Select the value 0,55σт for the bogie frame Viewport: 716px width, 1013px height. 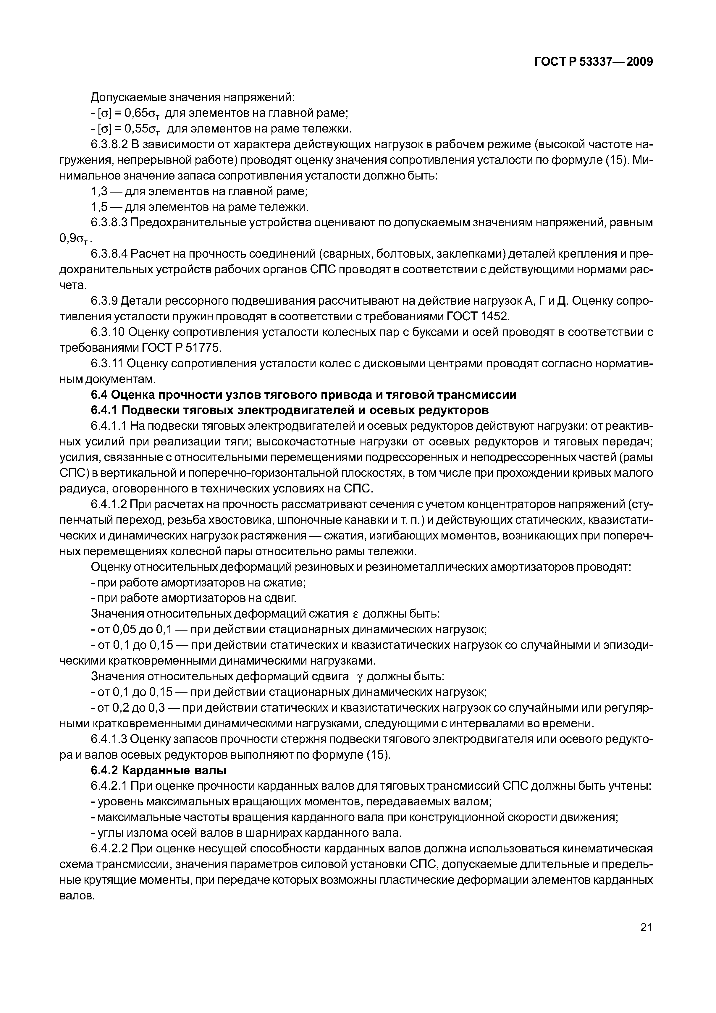[x=142, y=129]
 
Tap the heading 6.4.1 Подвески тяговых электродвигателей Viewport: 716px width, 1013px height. [x=290, y=410]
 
